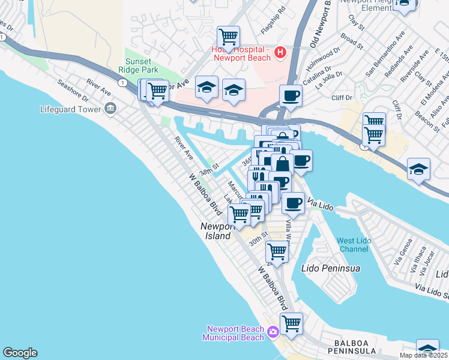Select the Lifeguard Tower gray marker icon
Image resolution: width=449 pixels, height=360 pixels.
pos(110,108)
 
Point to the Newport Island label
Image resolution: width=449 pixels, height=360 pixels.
pos(215,232)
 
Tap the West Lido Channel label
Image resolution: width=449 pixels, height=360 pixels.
pos(354,245)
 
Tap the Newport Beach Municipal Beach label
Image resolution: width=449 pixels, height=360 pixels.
pos(235,333)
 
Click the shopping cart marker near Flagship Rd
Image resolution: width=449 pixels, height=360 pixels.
pos(228,37)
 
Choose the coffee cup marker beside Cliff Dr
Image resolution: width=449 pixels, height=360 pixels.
pos(291,95)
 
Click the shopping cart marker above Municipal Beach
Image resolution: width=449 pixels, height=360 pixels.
pos(291,323)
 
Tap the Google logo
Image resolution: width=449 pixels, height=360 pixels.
pos(20,353)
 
